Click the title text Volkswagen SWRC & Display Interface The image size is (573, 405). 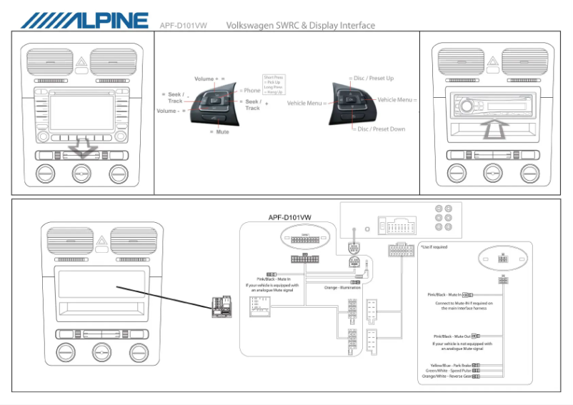coord(300,26)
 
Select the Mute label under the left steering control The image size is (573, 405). coord(222,132)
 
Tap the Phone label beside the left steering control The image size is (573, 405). coord(251,91)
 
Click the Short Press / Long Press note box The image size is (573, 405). coord(274,85)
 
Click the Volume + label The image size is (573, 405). coord(209,79)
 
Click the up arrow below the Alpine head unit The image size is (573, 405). coord(493,130)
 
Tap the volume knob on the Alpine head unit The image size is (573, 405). coord(467,106)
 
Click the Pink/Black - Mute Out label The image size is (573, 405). coord(452,336)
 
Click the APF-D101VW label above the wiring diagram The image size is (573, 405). coord(289,217)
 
